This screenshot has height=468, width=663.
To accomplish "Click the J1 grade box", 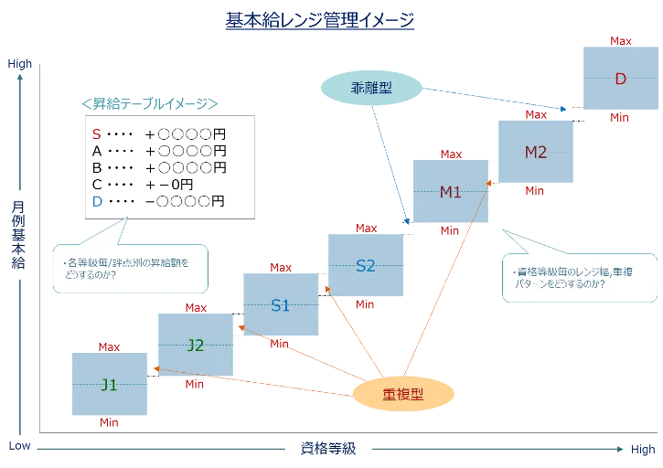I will (108, 384).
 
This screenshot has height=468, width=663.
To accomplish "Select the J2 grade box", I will (196, 345).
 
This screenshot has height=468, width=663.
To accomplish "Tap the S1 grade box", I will (281, 305).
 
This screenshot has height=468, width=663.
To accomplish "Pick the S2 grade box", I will (366, 266).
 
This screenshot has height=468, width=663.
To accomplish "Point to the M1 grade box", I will (450, 192).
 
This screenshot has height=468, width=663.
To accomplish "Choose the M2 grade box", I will (536, 152).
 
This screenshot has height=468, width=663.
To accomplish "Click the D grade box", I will (619, 79).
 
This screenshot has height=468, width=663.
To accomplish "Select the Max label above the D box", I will (620, 41).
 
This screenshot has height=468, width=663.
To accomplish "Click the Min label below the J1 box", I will (109, 423).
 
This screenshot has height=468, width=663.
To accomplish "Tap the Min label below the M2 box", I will (536, 191).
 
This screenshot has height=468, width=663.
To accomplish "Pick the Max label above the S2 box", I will (365, 228).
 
